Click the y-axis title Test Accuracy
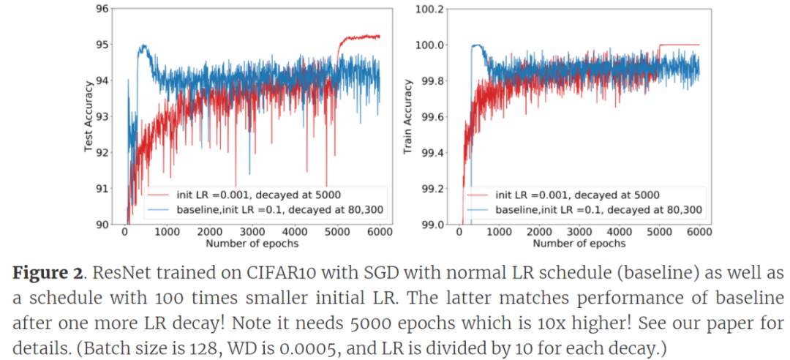(x=89, y=116)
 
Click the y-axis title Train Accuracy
(x=408, y=116)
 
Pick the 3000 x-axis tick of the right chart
(x=579, y=232)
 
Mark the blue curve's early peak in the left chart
(x=143, y=46)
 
